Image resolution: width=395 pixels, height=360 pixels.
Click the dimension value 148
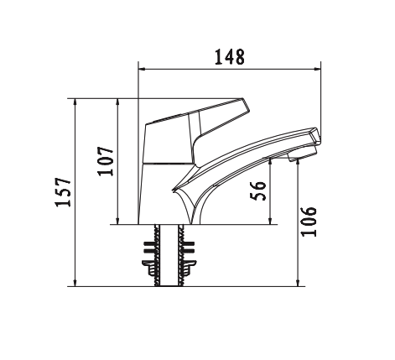pyautogui.click(x=228, y=57)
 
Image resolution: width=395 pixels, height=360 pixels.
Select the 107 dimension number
pyautogui.click(x=107, y=160)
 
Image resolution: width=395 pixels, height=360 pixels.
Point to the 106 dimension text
pyautogui.click(x=310, y=222)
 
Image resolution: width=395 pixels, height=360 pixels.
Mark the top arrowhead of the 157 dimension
pyautogui.click(x=76, y=102)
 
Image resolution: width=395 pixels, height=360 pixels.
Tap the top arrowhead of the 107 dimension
pyautogui.click(x=118, y=102)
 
